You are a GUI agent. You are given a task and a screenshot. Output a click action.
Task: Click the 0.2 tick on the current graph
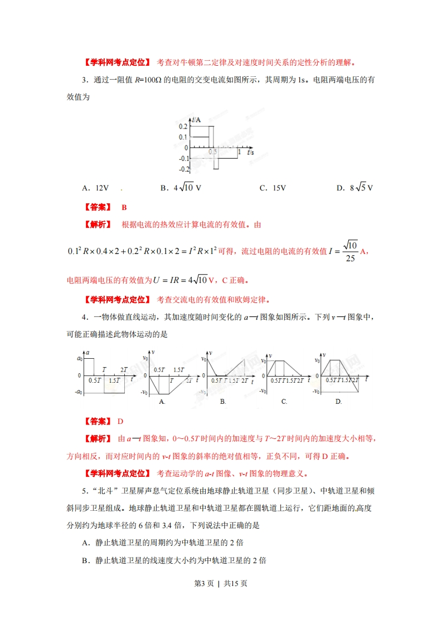point(183,127)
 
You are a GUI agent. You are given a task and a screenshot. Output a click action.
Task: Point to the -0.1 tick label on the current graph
point(183,158)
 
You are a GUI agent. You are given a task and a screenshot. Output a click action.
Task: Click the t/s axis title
point(250,152)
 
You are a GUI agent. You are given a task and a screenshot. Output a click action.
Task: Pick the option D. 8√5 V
point(354,188)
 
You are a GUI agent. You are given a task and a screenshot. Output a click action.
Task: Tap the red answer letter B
point(124,207)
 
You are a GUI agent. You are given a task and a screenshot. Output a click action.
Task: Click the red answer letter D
point(120,422)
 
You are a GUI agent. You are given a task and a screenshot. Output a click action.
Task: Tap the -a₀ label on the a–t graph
point(79,393)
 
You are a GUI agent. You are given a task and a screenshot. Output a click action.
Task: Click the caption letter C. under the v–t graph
point(284,401)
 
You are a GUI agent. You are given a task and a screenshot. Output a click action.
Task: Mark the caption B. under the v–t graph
point(223,401)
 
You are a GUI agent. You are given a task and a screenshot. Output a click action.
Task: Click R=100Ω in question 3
point(148,80)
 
